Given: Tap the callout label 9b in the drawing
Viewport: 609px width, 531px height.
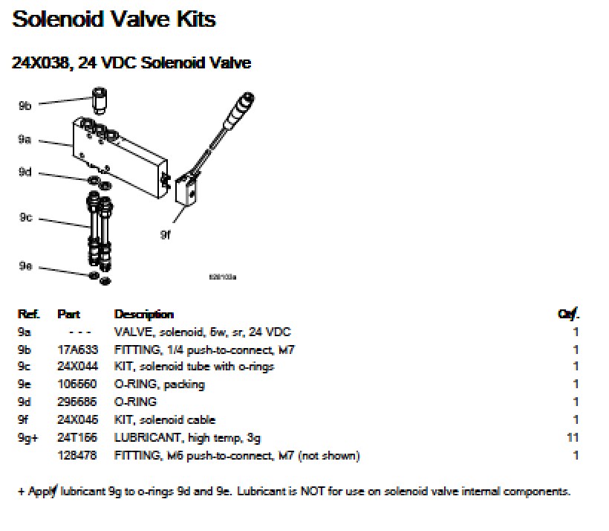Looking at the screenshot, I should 25,106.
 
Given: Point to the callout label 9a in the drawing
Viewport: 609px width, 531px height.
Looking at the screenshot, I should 25,139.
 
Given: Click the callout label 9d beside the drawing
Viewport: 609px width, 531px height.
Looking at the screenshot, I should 25,173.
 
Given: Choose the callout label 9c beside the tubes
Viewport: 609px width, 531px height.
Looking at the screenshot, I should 25,218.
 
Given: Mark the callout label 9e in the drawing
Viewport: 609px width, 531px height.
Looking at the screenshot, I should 25,266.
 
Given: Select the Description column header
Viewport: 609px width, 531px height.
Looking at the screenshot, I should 143,315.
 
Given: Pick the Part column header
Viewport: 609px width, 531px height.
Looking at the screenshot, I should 68,315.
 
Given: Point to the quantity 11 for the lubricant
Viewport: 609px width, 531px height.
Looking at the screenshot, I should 573,438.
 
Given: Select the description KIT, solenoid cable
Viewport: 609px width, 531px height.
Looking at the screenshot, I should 164,420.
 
